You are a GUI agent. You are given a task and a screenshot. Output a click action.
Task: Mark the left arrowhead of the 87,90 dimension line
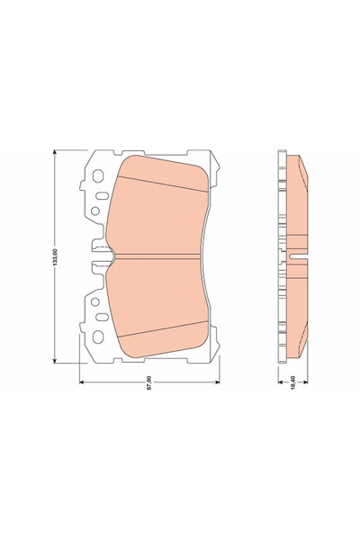[x=83, y=382]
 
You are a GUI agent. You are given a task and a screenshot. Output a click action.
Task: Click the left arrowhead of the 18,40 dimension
[x=276, y=382]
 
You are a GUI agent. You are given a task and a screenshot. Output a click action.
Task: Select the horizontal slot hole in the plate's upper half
[x=87, y=191]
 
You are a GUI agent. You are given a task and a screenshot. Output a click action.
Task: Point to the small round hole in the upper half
[x=95, y=212]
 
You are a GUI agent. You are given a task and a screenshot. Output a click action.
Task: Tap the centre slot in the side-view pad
[x=294, y=259]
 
